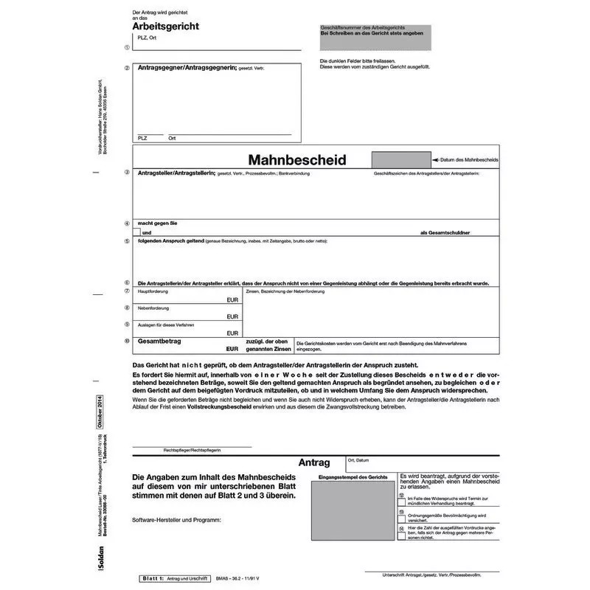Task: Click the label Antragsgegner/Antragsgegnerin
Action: point(187,68)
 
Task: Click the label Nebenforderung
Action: point(153,308)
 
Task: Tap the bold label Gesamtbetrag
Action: point(160,341)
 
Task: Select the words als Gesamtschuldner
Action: point(445,232)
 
